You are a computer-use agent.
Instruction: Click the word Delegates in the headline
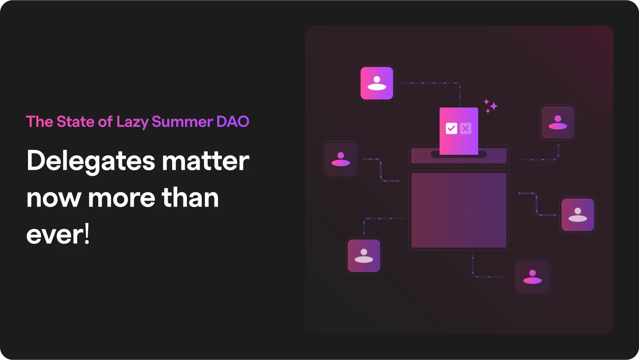[x=91, y=161]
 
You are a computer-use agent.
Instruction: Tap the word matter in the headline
[x=205, y=161]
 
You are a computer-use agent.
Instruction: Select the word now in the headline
[x=54, y=198]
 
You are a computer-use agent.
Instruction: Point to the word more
[x=121, y=198]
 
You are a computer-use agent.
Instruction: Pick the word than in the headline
[x=190, y=198]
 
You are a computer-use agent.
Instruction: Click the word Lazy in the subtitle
[x=132, y=122]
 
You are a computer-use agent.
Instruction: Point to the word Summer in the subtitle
[x=182, y=121]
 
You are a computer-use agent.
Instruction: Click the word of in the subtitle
[x=105, y=121]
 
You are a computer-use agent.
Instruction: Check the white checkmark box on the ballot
[x=451, y=128]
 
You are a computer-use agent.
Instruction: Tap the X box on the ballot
[x=465, y=128]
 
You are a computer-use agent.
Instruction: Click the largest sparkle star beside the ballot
[x=494, y=106]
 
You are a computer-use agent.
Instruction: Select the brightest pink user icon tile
[x=377, y=83]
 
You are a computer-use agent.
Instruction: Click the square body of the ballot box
[x=458, y=210]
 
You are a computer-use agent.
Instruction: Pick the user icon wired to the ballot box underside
[x=532, y=276]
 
